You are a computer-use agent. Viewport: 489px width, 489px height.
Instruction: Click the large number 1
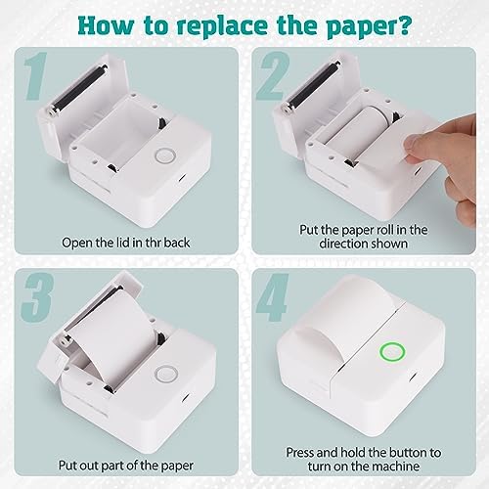tap(36, 75)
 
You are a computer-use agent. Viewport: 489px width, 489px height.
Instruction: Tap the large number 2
tap(273, 75)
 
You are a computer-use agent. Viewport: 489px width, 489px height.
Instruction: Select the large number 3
tap(37, 297)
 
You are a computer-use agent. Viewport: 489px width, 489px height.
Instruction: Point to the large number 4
tap(273, 297)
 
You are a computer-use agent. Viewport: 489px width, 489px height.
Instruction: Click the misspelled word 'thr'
tap(153, 243)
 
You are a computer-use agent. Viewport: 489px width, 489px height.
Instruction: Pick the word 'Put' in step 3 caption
tap(67, 466)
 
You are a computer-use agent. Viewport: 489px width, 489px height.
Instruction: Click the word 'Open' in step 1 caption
tap(75, 244)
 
